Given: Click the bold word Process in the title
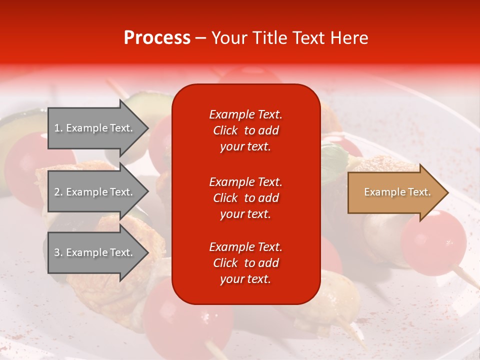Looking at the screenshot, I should [x=157, y=38].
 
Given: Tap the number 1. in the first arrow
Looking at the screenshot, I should [x=58, y=128].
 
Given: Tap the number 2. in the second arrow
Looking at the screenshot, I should [x=58, y=192].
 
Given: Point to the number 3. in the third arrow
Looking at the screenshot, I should [x=58, y=252].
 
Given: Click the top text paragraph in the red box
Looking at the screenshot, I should [x=245, y=130].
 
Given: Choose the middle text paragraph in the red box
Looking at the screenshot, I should [x=245, y=198].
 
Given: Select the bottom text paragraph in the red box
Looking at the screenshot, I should [x=245, y=263].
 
